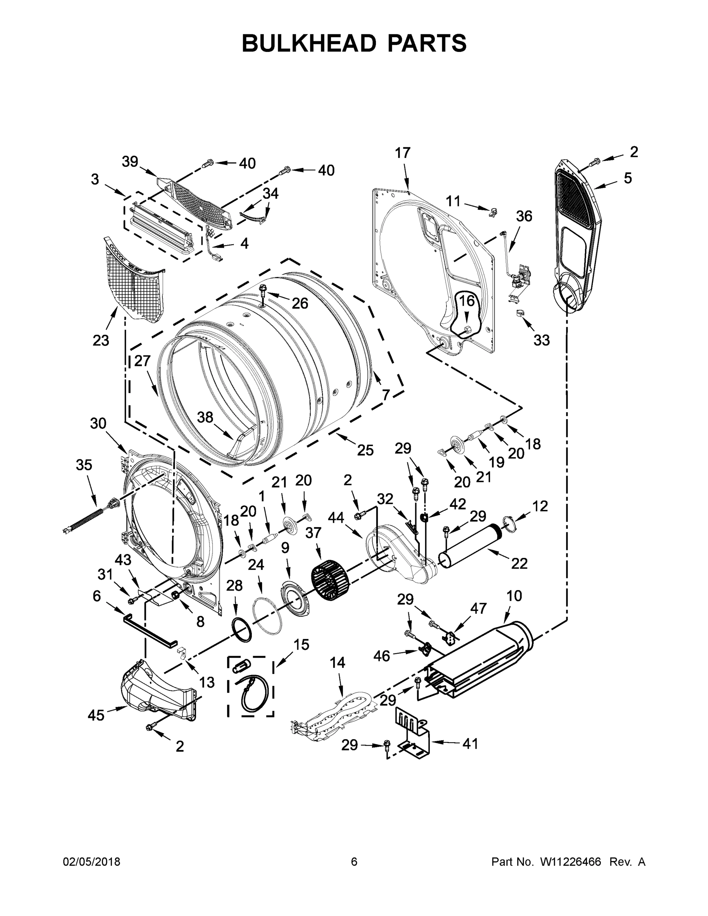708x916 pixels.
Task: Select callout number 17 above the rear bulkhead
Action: point(402,153)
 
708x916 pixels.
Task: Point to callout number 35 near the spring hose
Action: point(84,465)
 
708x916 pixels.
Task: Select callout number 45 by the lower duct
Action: point(96,715)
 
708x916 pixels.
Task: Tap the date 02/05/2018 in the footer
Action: point(92,862)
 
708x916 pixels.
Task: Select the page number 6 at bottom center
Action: point(354,862)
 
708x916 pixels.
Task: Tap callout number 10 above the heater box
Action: point(514,596)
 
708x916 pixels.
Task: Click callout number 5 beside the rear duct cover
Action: point(627,178)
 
